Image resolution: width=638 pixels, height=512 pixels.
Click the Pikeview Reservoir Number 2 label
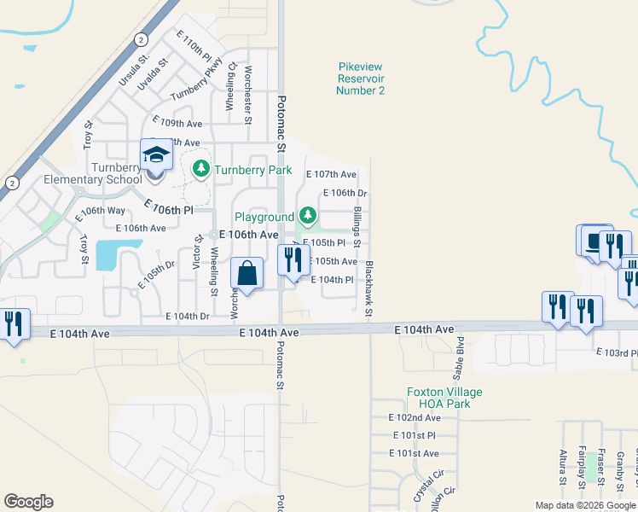tap(362, 78)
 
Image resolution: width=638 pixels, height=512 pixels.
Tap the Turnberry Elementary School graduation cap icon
tap(157, 155)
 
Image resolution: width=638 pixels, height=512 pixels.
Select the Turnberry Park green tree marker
tap(201, 169)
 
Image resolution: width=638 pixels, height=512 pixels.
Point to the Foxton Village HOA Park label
tap(444, 398)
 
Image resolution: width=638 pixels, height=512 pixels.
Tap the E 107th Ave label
tap(331, 174)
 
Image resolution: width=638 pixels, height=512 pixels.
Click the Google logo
tap(28, 502)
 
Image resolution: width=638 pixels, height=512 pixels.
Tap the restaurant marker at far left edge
tap(14, 324)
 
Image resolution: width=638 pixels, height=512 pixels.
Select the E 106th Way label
tap(103, 210)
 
